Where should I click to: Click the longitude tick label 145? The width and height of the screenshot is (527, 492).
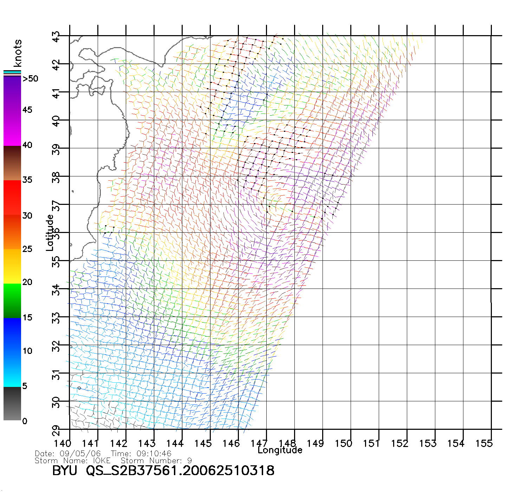click(x=203, y=444)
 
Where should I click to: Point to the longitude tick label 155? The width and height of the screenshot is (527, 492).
click(x=484, y=444)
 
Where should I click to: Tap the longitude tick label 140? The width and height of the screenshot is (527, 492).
click(x=63, y=444)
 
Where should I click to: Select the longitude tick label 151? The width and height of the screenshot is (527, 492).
click(x=372, y=444)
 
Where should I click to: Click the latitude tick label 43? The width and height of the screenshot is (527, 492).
click(x=56, y=37)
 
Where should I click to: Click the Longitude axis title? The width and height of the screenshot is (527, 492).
click(x=280, y=450)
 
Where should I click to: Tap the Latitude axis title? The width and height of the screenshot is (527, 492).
click(x=50, y=233)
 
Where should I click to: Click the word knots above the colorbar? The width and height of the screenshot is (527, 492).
click(x=18, y=53)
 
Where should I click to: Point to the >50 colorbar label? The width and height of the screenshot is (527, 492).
click(x=30, y=79)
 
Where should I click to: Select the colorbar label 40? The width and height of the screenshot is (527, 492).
click(x=27, y=145)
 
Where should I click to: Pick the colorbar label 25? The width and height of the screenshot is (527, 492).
click(x=27, y=249)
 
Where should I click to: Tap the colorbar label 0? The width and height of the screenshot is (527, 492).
click(x=25, y=421)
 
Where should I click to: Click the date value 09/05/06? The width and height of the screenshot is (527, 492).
click(x=80, y=454)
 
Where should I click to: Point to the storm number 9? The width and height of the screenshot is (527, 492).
click(x=190, y=461)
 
